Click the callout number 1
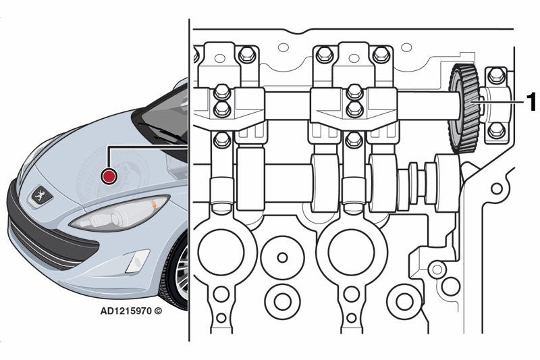point(531,102)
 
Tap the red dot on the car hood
point(108,176)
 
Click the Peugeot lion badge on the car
point(40,197)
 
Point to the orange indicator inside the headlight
point(156,203)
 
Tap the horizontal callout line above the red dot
point(145,145)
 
